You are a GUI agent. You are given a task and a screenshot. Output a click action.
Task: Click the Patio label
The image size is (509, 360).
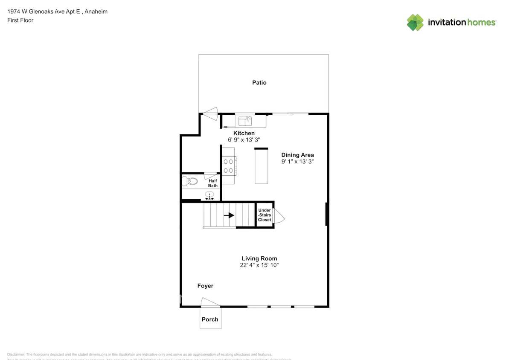click(259, 83)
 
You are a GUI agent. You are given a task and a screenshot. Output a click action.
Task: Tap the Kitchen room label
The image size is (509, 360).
click(244, 134)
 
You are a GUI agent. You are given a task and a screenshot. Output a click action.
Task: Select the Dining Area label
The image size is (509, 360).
click(297, 155)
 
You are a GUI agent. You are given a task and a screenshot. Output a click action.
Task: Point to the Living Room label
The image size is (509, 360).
click(259, 258)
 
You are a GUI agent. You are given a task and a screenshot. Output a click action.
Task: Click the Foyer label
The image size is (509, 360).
click(205, 286)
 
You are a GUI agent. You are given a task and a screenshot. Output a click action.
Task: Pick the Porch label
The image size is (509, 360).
click(210, 319)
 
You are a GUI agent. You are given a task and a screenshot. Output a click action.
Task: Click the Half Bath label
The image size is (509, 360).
click(213, 183)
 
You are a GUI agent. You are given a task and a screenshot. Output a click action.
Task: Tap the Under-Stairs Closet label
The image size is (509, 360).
click(265, 215)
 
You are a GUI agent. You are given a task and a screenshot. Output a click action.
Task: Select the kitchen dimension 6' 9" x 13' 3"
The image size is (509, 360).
click(244, 140)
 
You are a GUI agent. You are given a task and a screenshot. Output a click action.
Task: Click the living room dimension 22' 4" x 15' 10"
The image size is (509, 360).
click(259, 265)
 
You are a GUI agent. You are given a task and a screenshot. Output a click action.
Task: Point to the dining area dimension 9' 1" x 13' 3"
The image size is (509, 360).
click(297, 162)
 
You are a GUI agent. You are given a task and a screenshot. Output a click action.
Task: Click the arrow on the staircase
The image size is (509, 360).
click(229, 215)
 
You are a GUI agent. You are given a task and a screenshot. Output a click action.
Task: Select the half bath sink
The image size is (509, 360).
click(209, 195)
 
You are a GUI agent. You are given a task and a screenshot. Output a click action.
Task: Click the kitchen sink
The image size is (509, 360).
click(245, 121)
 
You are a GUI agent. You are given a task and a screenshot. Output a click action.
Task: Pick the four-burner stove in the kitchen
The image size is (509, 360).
click(228, 166)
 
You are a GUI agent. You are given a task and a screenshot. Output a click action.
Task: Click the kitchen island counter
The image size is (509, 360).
click(261, 166)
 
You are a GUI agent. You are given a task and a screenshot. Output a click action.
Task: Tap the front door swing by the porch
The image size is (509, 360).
click(209, 302)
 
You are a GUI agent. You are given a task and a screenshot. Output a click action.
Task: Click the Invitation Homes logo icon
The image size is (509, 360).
click(415, 22)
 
